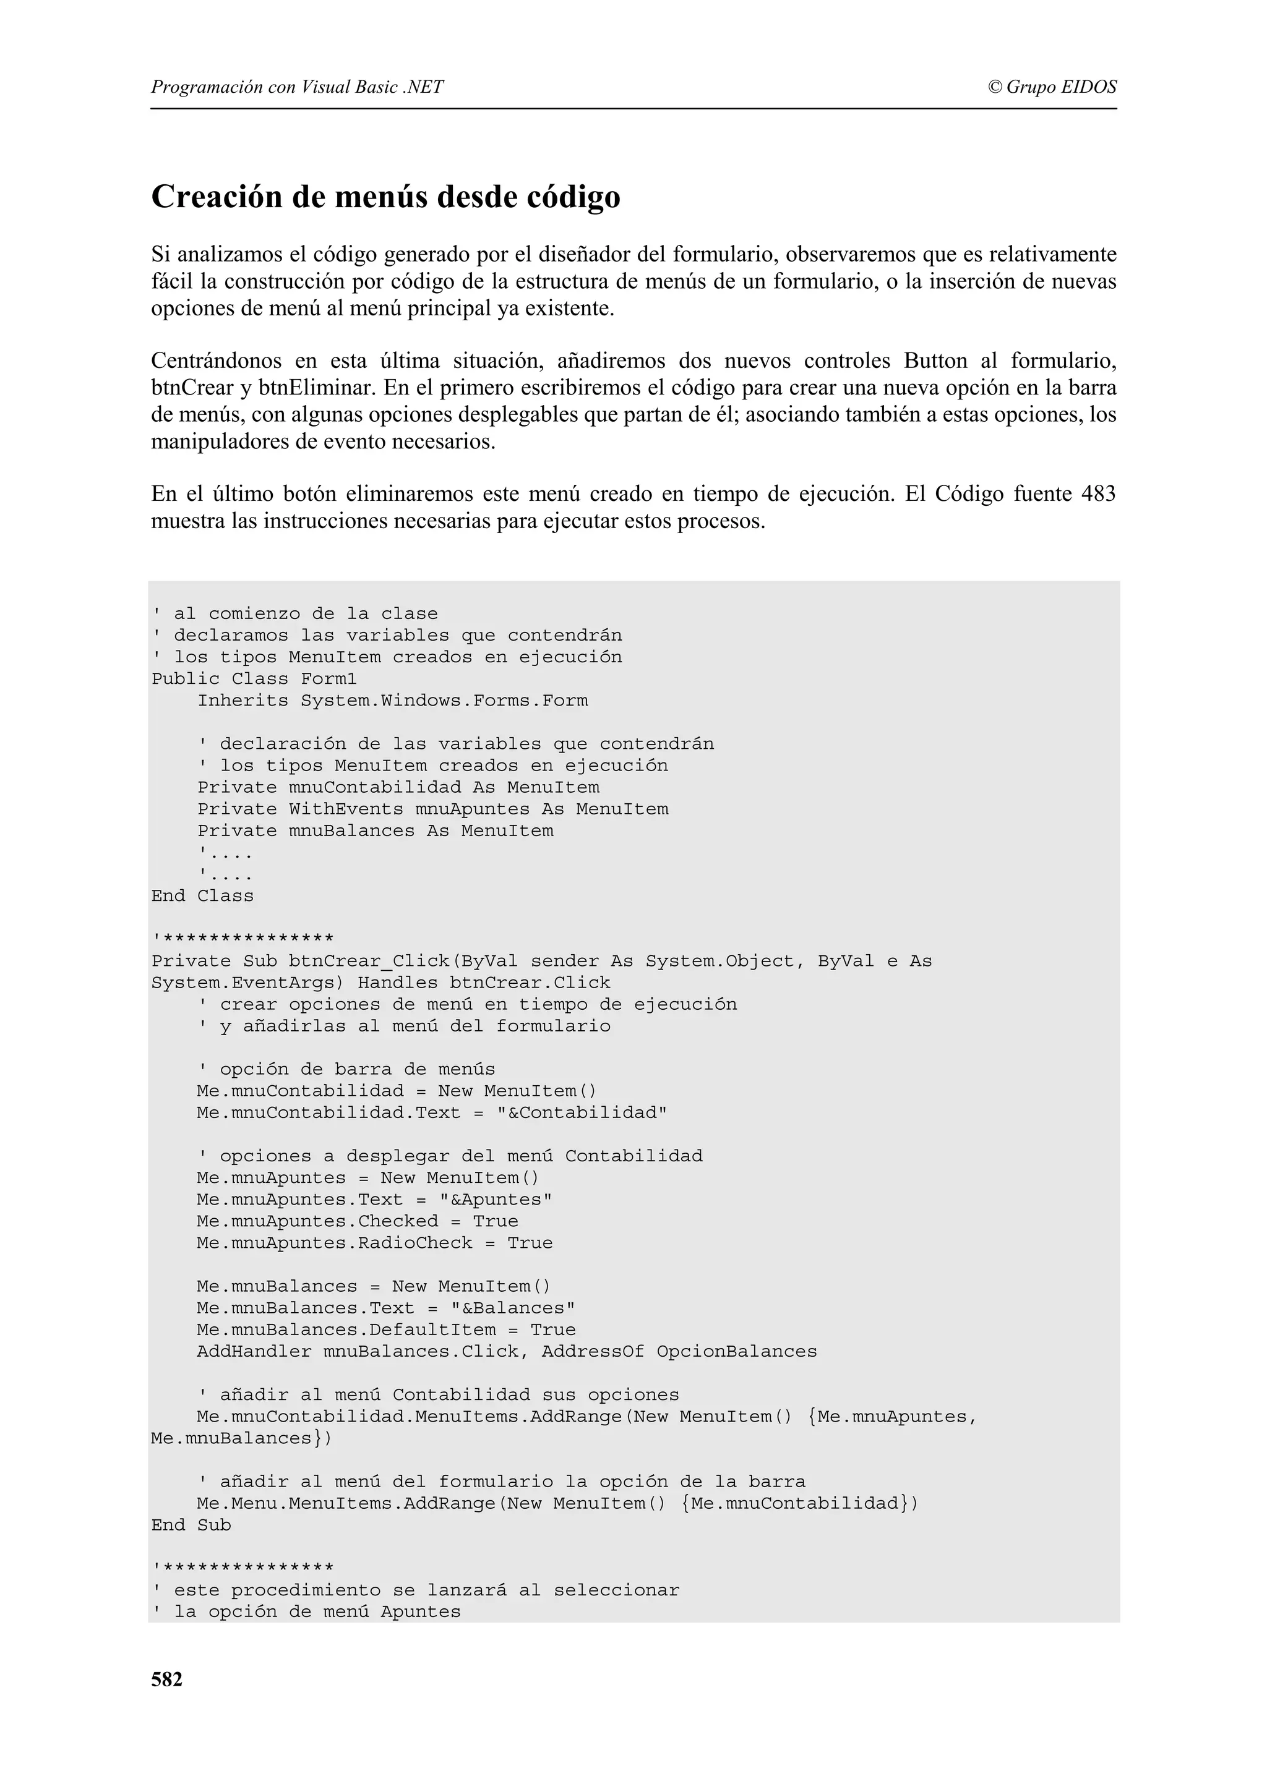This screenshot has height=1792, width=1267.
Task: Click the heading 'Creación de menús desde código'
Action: coord(385,197)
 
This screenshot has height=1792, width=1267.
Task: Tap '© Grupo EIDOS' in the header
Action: coord(1052,87)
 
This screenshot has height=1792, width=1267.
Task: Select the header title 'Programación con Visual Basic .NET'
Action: coord(298,87)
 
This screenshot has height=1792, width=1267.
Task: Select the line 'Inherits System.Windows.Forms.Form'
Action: coord(393,700)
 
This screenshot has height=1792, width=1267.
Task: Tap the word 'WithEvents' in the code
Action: coord(346,809)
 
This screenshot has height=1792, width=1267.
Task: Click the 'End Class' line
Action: coord(202,896)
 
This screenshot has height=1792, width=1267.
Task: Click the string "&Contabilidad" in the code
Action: coord(582,1113)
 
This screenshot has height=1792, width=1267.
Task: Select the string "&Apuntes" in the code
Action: coord(496,1200)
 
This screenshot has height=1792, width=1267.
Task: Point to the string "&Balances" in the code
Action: coord(513,1308)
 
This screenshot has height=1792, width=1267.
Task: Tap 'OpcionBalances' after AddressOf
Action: coord(736,1352)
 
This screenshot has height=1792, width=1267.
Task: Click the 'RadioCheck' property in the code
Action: coord(414,1244)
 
